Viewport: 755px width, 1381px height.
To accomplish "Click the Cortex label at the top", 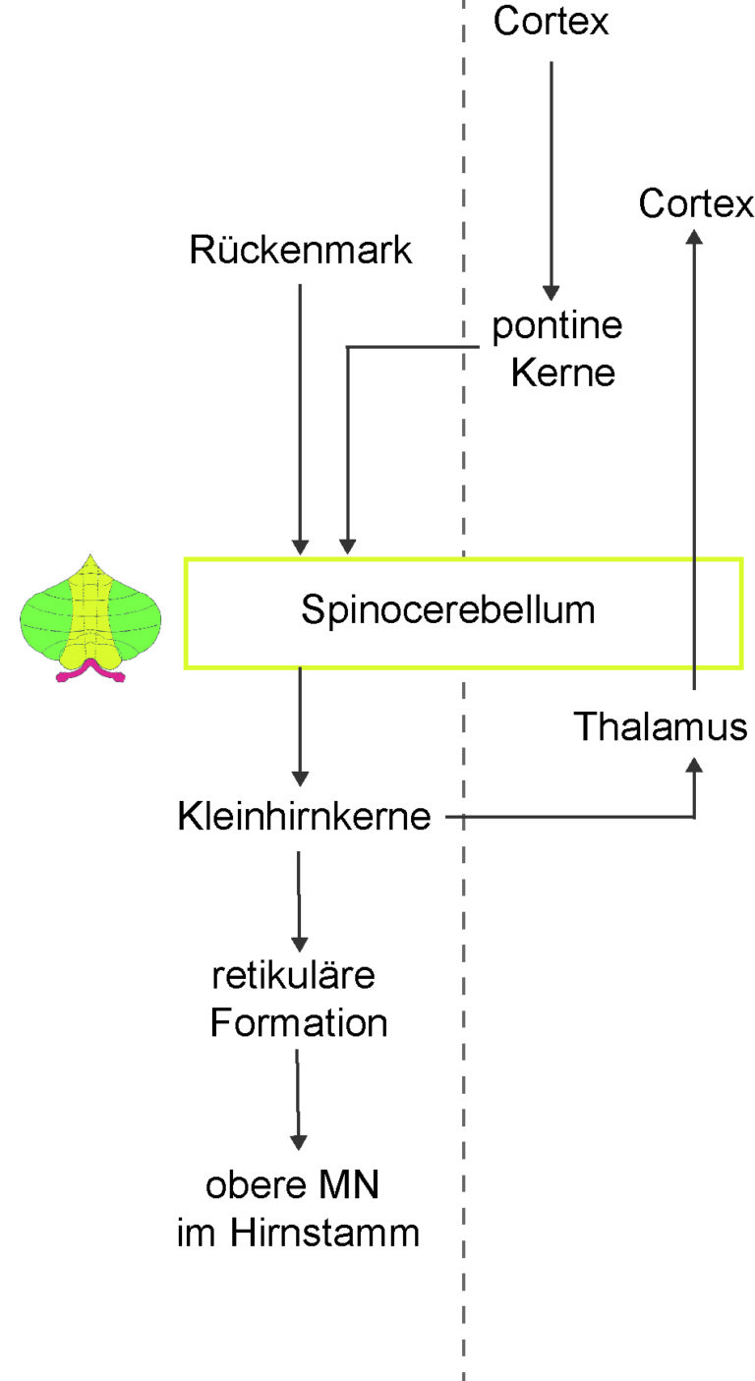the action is (551, 21).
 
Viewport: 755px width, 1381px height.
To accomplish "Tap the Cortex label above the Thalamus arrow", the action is (696, 203).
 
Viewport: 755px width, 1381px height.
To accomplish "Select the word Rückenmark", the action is (301, 250).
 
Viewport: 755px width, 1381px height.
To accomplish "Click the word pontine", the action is (557, 325).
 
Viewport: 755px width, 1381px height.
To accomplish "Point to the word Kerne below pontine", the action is (563, 373).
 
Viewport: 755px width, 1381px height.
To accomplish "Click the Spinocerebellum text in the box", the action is (448, 610).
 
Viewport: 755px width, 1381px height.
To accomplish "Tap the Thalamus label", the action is (660, 725).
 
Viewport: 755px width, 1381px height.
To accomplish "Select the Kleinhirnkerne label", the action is (304, 816).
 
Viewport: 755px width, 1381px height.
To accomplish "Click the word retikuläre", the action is (294, 975).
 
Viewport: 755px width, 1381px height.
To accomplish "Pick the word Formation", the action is (299, 1023).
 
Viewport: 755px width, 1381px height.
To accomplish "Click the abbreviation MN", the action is (349, 1185).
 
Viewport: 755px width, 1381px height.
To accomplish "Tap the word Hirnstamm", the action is (324, 1233).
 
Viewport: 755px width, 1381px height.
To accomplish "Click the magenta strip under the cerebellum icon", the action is (90, 670).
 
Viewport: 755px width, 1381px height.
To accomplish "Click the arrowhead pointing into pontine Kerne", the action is (551, 293).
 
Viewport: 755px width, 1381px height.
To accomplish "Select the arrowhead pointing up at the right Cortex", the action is (695, 237).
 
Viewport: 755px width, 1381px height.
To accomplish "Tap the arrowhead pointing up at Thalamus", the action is (695, 765).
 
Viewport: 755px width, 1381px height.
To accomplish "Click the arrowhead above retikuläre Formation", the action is (299, 945).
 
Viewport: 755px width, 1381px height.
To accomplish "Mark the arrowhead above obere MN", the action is (299, 1142).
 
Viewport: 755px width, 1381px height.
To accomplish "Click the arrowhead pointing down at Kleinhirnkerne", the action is (300, 778).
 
